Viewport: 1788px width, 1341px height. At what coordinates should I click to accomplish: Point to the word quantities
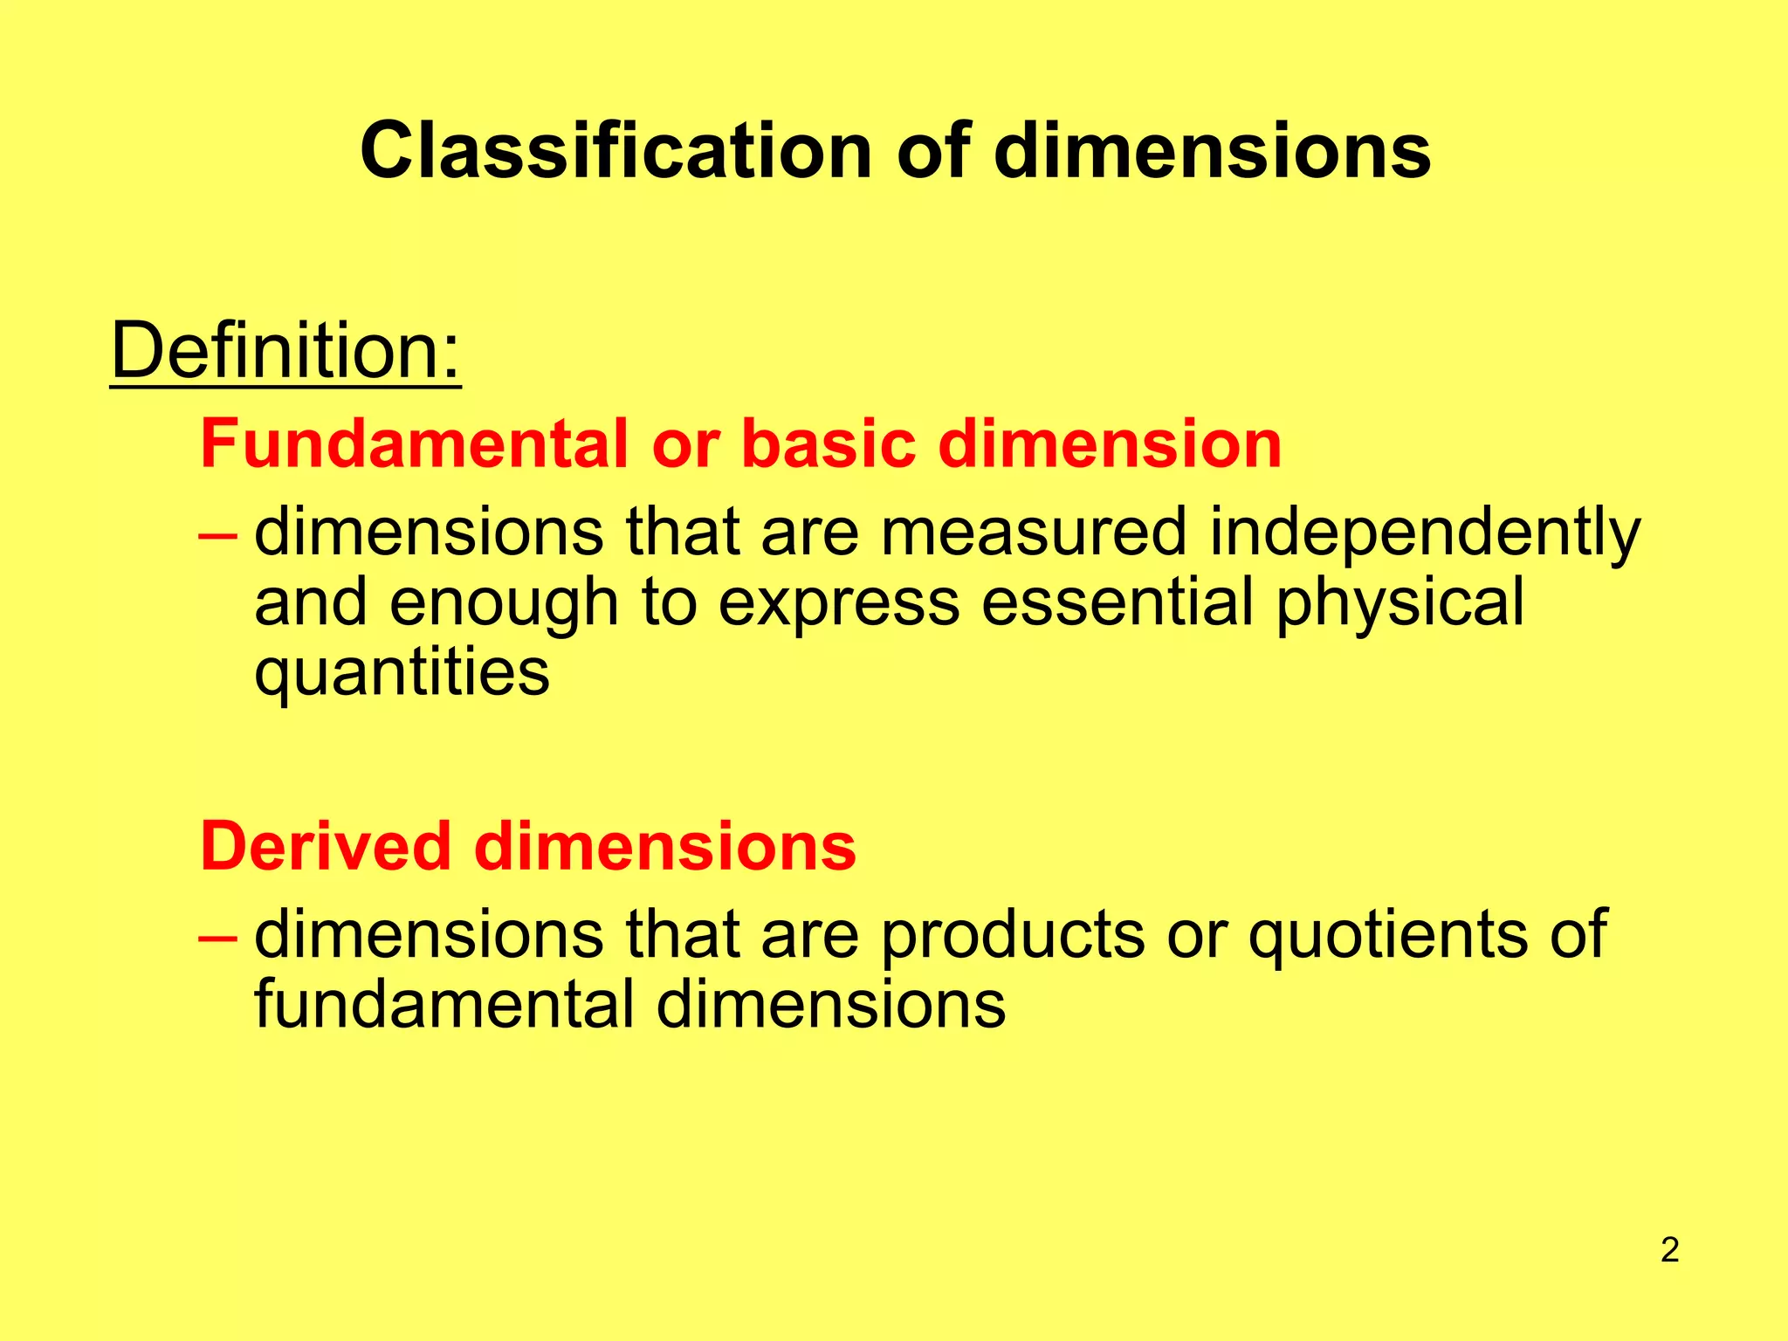(x=402, y=673)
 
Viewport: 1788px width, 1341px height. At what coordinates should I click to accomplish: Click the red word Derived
(x=325, y=847)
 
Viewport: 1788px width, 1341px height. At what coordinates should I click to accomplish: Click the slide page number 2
(x=1669, y=1250)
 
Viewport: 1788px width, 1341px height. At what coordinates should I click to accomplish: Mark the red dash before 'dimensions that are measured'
(x=217, y=533)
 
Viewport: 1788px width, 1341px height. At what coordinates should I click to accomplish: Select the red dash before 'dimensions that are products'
(x=217, y=937)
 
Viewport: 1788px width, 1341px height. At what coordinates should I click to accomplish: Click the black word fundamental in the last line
(x=444, y=1005)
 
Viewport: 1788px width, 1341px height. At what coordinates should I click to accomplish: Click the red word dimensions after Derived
(x=665, y=847)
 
